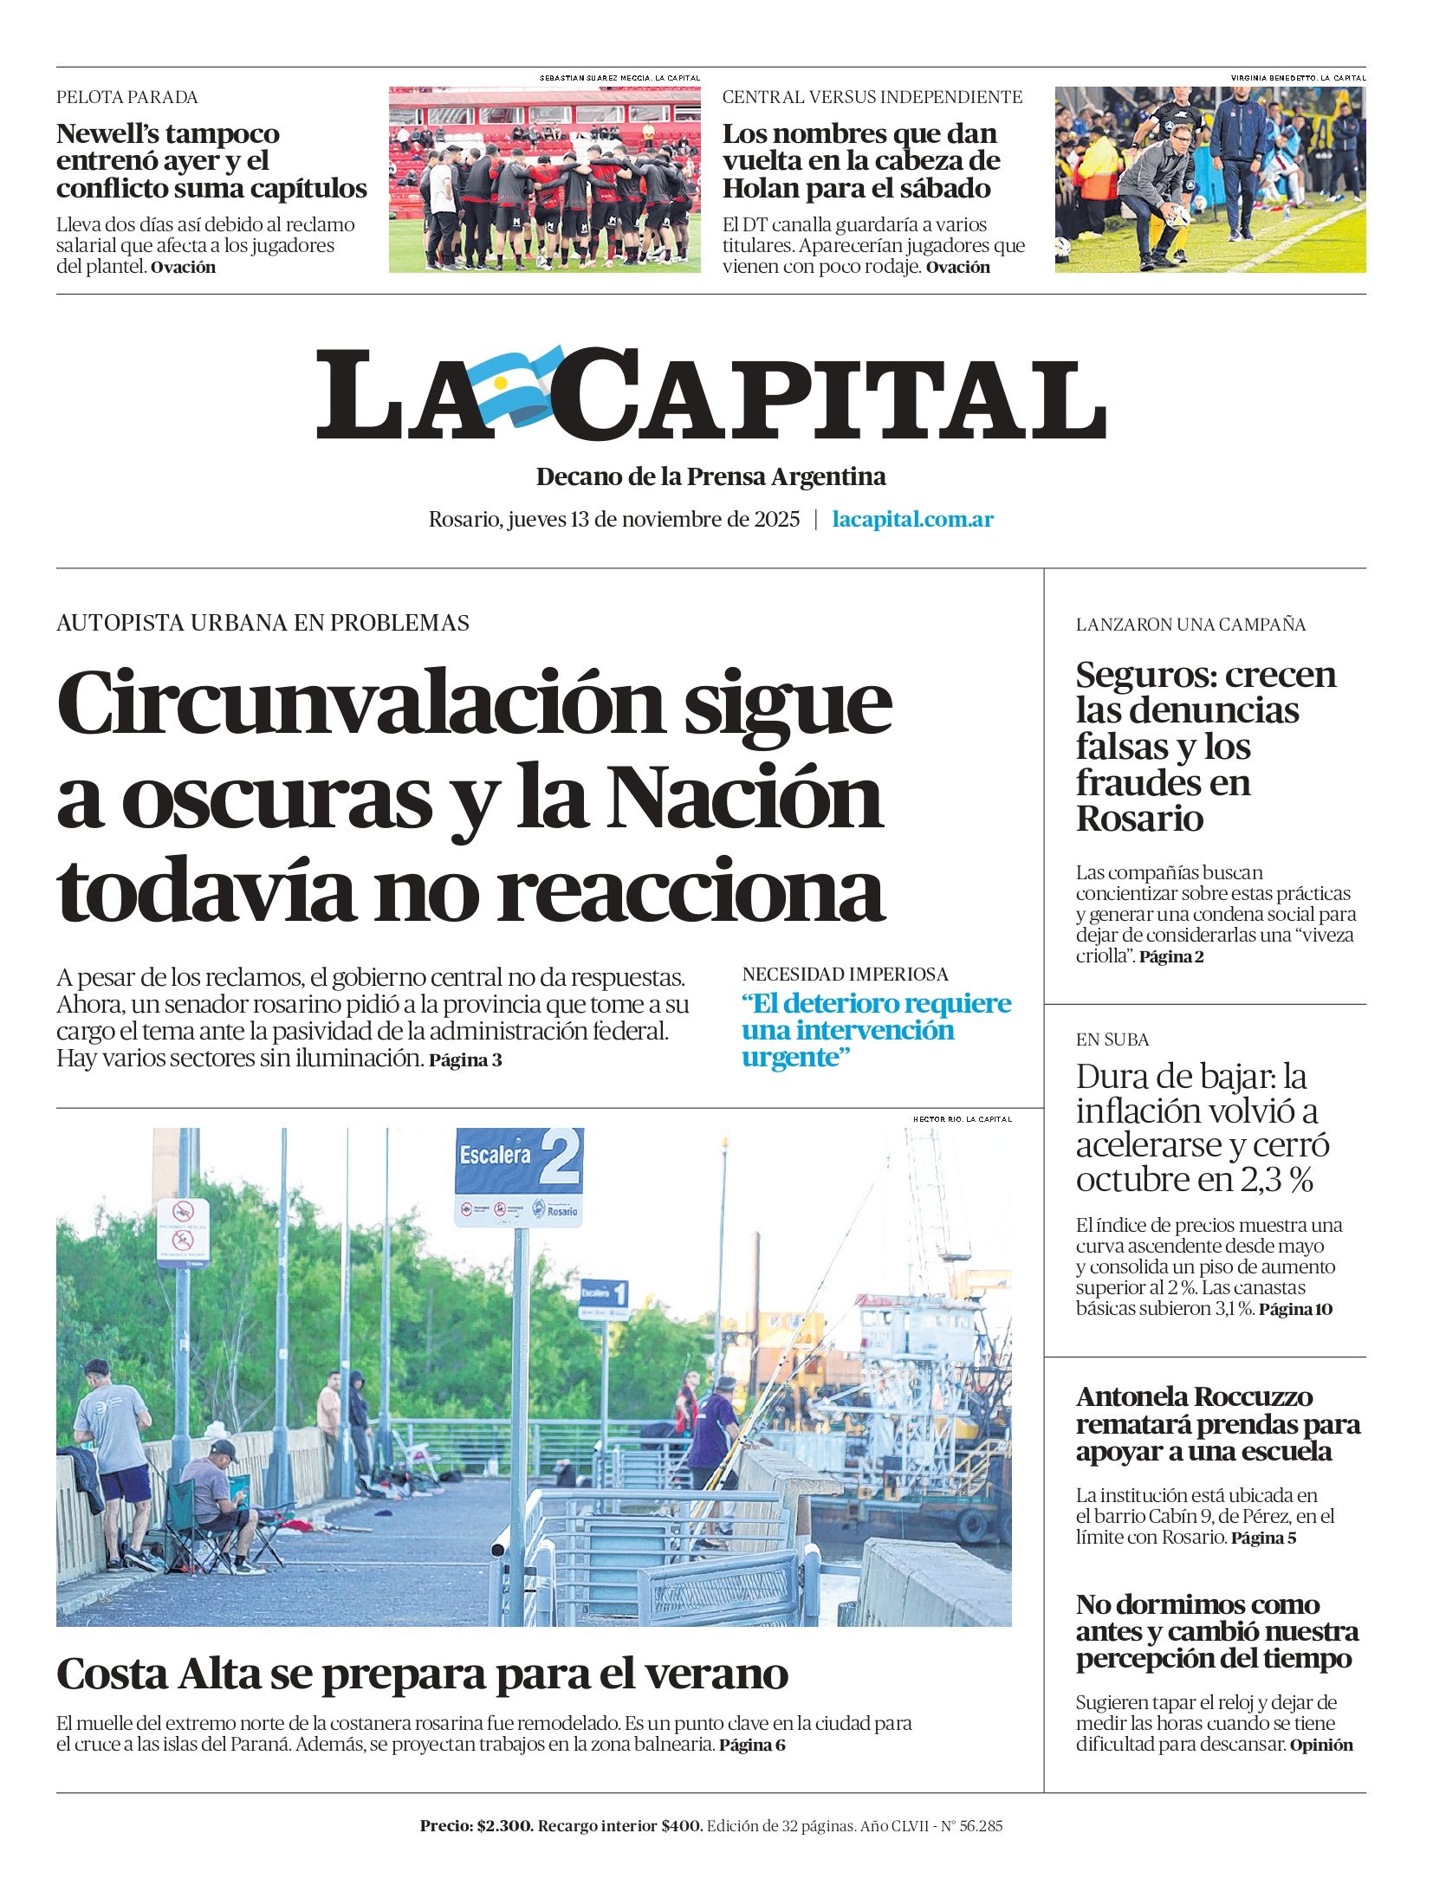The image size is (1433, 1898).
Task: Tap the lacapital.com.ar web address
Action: pos(912,520)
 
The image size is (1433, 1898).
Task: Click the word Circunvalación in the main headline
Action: pos(359,703)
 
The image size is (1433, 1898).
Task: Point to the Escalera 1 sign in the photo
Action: pos(604,1294)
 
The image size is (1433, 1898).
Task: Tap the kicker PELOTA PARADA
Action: pos(127,97)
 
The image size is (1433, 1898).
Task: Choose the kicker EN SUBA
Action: pos(1112,1040)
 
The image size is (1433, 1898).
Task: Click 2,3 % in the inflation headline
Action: pos(1276,1180)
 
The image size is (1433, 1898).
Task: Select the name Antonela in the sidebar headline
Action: pos(1131,1396)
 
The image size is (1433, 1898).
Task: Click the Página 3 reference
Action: pos(465,1060)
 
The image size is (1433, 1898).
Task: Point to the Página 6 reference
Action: pos(752,1745)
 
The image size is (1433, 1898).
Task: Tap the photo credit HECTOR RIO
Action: pos(937,1119)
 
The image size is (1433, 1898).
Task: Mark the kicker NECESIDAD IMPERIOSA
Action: pos(845,975)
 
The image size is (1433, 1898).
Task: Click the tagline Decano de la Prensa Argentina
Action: pos(710,476)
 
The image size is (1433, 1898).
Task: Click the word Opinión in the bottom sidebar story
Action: pos(1320,1745)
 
